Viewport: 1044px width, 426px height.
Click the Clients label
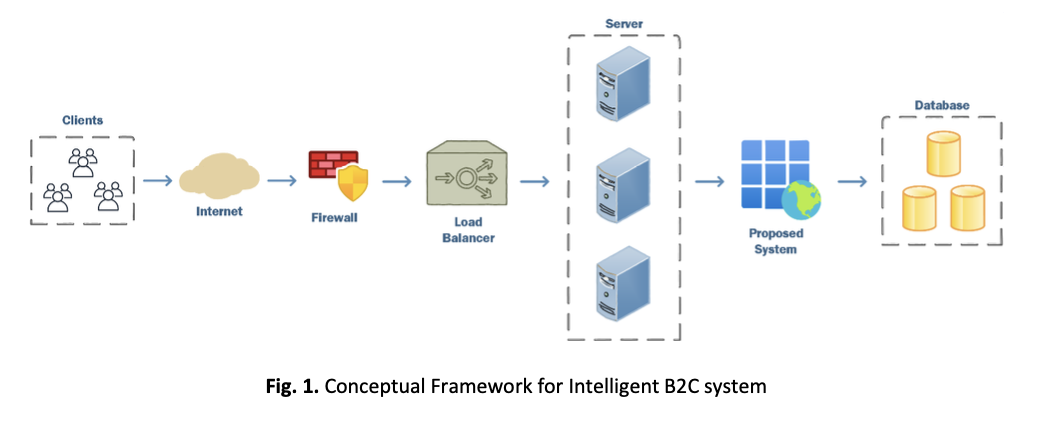(x=82, y=120)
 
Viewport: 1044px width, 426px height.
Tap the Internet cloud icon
(x=217, y=178)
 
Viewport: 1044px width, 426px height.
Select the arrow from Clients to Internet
(x=157, y=181)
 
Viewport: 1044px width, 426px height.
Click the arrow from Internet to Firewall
(x=282, y=181)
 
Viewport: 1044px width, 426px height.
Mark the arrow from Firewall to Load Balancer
(x=397, y=181)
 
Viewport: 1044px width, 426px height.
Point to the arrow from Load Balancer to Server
(x=536, y=181)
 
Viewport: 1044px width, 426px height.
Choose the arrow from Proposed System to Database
(x=851, y=181)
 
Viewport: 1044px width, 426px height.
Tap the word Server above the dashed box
(x=623, y=22)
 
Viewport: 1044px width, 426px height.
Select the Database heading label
(x=942, y=105)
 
